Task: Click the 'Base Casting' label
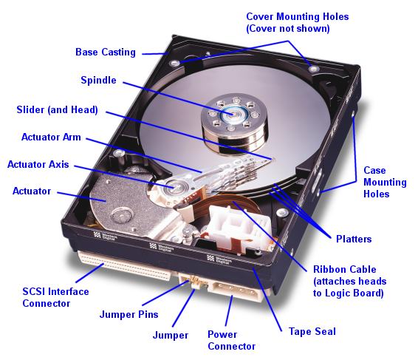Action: click(106, 52)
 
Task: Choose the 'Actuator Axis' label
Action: click(38, 164)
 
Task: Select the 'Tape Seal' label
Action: click(306, 332)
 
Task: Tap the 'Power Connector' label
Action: click(231, 340)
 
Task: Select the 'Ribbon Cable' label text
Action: click(344, 270)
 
